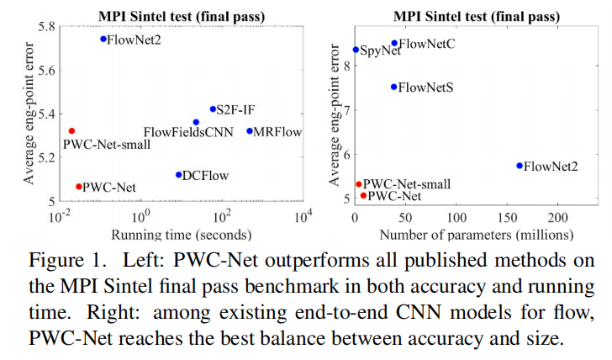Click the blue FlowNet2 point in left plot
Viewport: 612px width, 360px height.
tap(103, 39)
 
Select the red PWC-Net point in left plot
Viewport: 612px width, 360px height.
tap(79, 187)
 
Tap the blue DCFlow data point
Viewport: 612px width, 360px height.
tap(178, 175)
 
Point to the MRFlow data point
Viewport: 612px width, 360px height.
tap(250, 131)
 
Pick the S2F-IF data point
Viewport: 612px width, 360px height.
tap(213, 109)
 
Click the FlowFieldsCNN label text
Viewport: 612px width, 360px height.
tap(188, 132)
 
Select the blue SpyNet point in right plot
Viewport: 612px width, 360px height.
tap(356, 50)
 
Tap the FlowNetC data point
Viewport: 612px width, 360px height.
tap(394, 43)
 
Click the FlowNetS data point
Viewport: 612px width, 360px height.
tap(393, 87)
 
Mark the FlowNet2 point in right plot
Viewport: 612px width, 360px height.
tap(520, 166)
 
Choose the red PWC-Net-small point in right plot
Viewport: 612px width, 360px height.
tap(358, 184)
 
